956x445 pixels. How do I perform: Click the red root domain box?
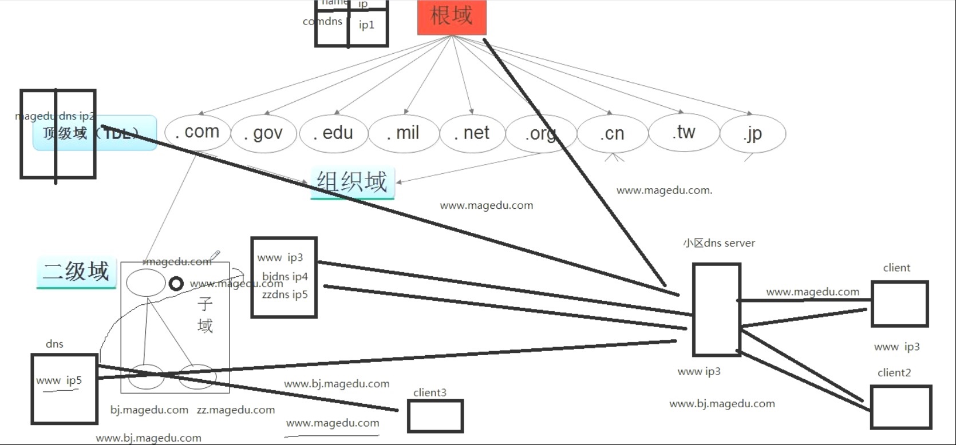click(452, 17)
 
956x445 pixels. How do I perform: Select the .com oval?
click(197, 132)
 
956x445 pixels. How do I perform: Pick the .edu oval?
click(333, 133)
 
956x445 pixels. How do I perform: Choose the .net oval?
click(472, 133)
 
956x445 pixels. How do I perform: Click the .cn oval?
click(612, 134)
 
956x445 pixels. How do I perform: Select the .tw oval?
click(684, 133)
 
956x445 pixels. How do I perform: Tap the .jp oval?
click(753, 134)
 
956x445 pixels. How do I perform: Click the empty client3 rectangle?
click(435, 416)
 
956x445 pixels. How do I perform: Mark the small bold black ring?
click(176, 284)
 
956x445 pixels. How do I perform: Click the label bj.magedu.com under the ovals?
click(149, 410)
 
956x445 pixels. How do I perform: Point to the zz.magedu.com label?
click(236, 410)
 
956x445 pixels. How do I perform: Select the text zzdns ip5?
click(285, 295)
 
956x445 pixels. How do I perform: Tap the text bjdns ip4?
click(285, 277)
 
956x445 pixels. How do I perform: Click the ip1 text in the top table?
click(366, 25)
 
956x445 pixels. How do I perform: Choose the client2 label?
click(894, 373)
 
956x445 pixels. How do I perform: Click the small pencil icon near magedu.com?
click(215, 255)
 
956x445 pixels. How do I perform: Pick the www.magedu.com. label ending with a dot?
click(664, 190)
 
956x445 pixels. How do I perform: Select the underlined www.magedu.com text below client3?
click(333, 423)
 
